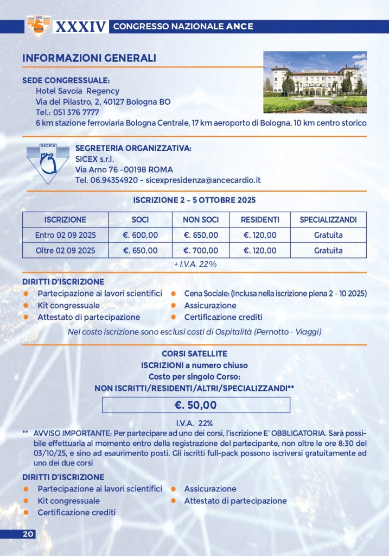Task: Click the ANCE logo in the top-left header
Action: pyautogui.click(x=38, y=27)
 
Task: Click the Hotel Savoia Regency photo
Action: pyautogui.click(x=315, y=82)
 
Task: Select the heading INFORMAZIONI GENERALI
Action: pyautogui.click(x=89, y=58)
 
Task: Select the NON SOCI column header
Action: pyautogui.click(x=199, y=220)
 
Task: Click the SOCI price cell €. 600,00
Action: pyautogui.click(x=141, y=235)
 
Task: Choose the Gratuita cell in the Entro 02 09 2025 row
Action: pyautogui.click(x=328, y=235)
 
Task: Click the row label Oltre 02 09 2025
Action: pyautogui.click(x=65, y=250)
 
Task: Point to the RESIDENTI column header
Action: pyautogui.click(x=260, y=220)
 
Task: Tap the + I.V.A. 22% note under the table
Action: pyautogui.click(x=194, y=264)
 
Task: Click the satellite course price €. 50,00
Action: pyautogui.click(x=195, y=405)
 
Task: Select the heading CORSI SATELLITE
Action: pyautogui.click(x=195, y=353)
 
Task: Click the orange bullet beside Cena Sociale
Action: pyautogui.click(x=173, y=294)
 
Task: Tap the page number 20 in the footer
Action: pyautogui.click(x=28, y=534)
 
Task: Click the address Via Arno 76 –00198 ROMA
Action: pyautogui.click(x=124, y=169)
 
